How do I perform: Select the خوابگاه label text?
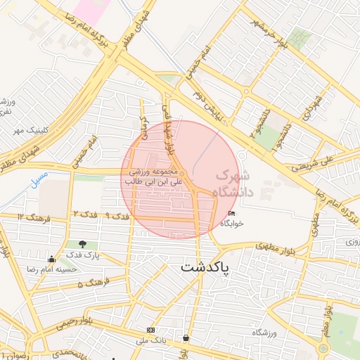(232, 223)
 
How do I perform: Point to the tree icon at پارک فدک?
(84, 244)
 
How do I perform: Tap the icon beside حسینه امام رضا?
(51, 258)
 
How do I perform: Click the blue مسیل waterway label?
(39, 179)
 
